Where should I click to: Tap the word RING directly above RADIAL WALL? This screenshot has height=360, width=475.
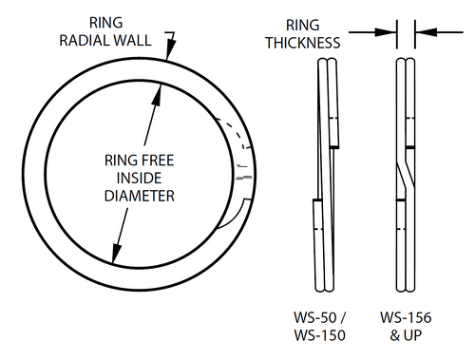click(x=104, y=21)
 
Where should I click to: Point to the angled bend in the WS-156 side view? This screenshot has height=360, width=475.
click(x=404, y=175)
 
